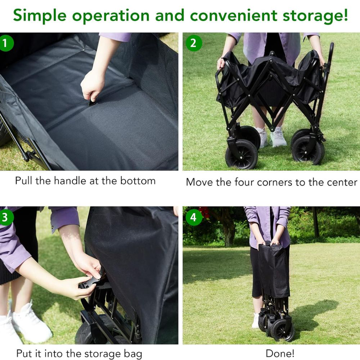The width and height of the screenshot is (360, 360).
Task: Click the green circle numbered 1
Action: pos(5,43)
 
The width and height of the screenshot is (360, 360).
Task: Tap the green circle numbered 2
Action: pos(193,43)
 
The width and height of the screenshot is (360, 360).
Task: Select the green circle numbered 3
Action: pos(5,217)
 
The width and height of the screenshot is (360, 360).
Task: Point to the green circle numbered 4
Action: pos(193,217)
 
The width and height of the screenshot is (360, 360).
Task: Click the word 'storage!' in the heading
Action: pos(315,16)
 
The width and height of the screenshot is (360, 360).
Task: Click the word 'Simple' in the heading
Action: pos(40,16)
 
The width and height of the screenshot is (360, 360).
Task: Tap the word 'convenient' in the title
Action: pos(234,15)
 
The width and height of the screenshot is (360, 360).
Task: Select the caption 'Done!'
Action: pos(280,353)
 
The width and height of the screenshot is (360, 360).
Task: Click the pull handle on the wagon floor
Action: pos(93,102)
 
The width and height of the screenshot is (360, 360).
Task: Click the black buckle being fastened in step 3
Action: pos(90,283)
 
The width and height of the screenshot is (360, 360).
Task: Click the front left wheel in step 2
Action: pos(241,154)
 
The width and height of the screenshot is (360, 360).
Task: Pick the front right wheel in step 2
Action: pos(308,150)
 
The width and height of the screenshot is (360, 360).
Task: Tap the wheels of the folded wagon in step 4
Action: pos(277,325)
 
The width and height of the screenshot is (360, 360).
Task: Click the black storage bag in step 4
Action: pos(274,270)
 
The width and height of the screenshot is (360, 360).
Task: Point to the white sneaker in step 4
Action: pos(255,320)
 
